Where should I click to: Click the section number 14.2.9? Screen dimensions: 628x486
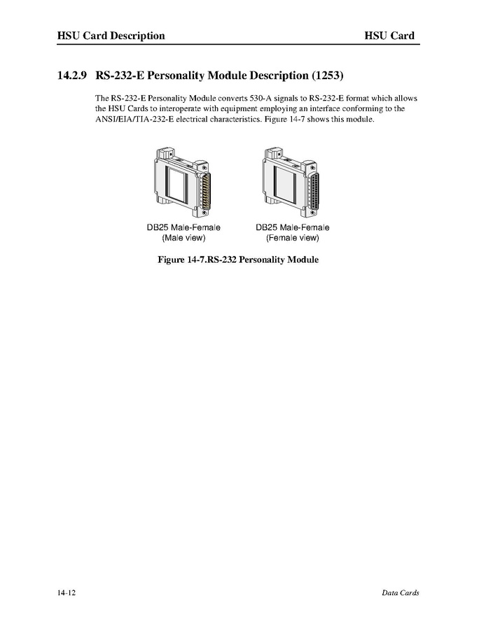[x=72, y=74]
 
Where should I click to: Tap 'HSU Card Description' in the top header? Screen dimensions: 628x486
[x=111, y=36]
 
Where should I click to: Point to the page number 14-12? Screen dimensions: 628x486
[x=67, y=593]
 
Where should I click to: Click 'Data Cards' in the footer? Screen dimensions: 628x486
[x=400, y=593]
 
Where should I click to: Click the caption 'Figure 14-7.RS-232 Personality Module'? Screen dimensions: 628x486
[x=239, y=260]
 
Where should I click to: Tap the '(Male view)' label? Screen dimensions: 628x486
[x=183, y=238]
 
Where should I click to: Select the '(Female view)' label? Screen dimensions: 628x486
[x=292, y=238]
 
